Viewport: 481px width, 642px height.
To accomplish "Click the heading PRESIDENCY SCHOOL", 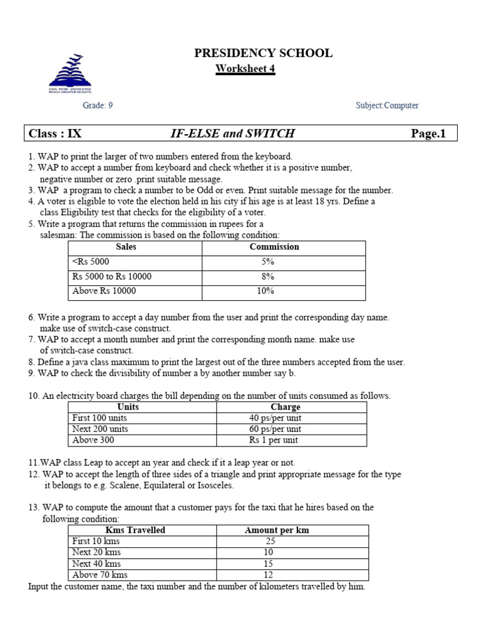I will click(x=263, y=53).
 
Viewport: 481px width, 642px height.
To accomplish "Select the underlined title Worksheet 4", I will click(x=246, y=69).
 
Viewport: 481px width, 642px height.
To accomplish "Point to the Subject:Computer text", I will click(x=387, y=106).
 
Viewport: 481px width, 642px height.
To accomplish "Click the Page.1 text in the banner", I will click(x=428, y=134).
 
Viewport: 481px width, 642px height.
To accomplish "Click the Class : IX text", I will click(x=55, y=134).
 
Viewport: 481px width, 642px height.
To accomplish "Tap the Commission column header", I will click(x=274, y=247).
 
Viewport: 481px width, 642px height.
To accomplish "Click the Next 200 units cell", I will click(x=100, y=429).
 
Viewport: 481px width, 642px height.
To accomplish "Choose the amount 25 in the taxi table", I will click(x=269, y=541).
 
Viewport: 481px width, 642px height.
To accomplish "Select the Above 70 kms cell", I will click(x=100, y=575).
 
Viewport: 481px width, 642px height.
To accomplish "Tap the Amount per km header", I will click(x=276, y=530).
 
